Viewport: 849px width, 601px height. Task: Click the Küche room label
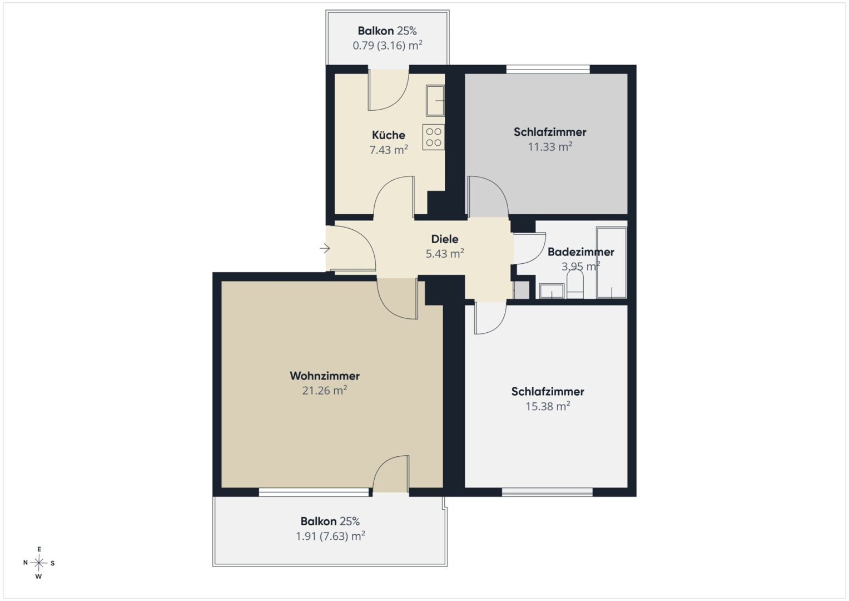389,135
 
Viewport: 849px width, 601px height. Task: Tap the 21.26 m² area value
325,391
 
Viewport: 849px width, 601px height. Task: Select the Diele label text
445,239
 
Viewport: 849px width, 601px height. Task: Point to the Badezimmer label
580,252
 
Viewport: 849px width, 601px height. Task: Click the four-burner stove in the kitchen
434,137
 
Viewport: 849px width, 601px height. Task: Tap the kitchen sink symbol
435,101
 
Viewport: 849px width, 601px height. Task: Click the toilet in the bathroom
575,283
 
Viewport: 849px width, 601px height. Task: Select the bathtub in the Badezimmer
612,263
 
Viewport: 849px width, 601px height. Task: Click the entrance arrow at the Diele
325,249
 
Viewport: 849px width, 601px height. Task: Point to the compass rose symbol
39,563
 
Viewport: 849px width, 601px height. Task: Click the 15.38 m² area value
548,406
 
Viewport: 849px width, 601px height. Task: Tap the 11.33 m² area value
550,146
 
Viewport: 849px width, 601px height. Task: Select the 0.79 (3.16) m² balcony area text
388,46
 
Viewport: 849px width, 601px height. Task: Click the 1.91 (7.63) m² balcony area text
330,536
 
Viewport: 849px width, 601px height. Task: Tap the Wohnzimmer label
325,376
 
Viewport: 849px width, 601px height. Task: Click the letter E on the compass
39,549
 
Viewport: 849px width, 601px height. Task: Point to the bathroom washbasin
552,290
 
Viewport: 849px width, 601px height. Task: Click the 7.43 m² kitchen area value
389,150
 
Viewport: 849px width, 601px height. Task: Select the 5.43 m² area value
445,253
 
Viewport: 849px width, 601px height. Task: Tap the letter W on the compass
39,577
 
